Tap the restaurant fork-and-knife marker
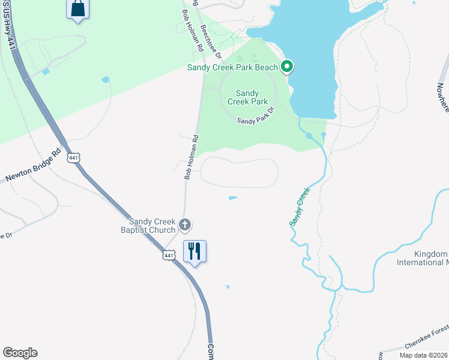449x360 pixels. (194, 250)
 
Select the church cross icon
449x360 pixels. (185, 225)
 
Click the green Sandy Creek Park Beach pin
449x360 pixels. (287, 67)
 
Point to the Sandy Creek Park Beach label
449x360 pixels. (233, 67)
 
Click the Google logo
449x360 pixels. (20, 353)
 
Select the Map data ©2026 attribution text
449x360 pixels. (424, 355)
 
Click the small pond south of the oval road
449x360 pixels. (232, 197)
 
